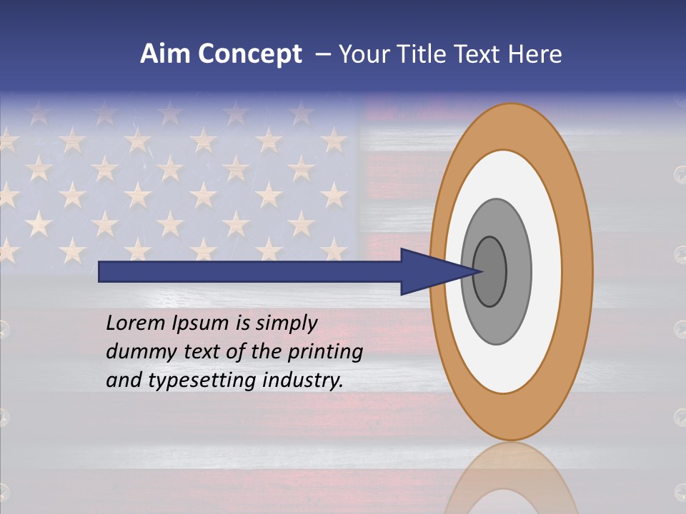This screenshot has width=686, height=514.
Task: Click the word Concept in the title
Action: point(250,54)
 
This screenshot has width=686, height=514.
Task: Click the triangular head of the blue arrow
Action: point(436,271)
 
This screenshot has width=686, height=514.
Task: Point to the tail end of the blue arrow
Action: point(104,271)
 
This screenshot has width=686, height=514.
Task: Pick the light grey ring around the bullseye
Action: point(519,271)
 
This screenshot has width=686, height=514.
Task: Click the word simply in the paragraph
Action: point(287,323)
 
